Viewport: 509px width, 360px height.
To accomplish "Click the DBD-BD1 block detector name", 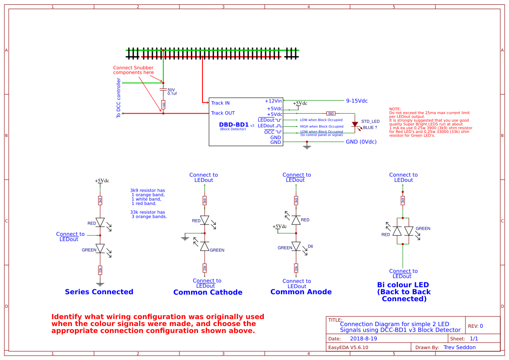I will tap(234, 125).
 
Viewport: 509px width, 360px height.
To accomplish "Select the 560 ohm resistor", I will tap(331, 113).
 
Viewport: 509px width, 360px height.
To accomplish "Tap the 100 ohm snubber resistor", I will tap(163, 105).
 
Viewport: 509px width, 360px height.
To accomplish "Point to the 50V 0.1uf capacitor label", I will tap(172, 92).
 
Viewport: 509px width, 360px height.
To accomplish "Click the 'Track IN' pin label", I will tap(220, 103).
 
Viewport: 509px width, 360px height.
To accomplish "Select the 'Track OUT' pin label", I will tap(222, 113).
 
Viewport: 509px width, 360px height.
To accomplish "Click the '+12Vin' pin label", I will tap(273, 101).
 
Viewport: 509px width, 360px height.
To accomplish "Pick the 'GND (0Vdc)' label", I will tap(361, 142).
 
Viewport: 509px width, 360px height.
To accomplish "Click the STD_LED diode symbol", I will tap(355, 124).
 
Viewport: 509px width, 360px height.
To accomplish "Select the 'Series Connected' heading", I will tap(99, 292).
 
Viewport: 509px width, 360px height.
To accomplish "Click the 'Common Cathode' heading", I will tap(208, 292).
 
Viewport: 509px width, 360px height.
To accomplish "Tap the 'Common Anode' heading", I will tap(301, 292).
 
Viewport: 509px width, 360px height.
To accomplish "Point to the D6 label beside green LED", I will tap(310, 246).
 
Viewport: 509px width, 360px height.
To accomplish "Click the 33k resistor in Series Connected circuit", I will tap(100, 270).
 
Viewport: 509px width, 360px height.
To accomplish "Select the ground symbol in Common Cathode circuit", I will tap(185, 238).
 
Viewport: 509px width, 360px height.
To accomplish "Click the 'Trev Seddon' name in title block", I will tap(459, 347).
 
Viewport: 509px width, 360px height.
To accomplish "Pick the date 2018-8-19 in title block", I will tap(364, 339).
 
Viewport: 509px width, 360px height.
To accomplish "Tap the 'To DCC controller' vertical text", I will tap(118, 98).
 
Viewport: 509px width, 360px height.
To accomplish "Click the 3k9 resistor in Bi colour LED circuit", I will tap(403, 200).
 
